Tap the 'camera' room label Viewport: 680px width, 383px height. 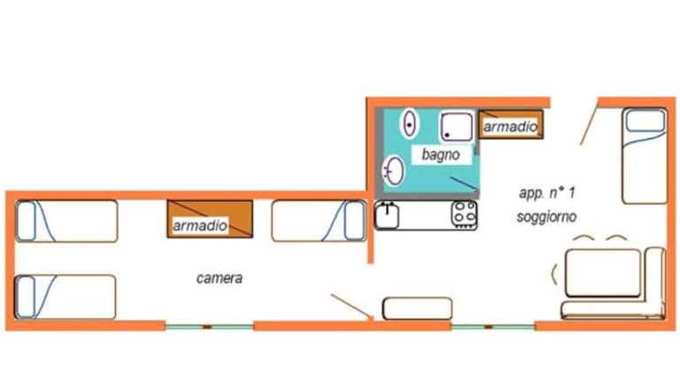click(x=219, y=278)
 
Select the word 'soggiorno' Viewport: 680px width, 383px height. click(x=546, y=215)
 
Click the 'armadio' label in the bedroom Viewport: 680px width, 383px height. click(x=199, y=226)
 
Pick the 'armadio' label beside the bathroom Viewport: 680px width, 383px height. click(x=510, y=128)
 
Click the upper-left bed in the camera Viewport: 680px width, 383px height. click(x=66, y=221)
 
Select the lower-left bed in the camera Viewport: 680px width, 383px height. click(x=66, y=296)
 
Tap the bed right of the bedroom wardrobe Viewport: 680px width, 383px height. click(x=318, y=221)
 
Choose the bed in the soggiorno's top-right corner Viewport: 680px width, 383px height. click(x=644, y=155)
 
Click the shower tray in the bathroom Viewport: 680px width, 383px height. click(x=458, y=126)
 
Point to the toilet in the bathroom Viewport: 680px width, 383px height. click(x=409, y=122)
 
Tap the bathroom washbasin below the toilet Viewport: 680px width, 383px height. click(x=394, y=169)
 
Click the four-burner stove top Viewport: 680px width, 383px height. click(x=464, y=214)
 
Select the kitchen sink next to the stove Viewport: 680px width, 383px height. click(x=388, y=215)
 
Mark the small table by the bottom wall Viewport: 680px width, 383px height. click(x=417, y=309)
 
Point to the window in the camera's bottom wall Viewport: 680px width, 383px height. click(x=209, y=326)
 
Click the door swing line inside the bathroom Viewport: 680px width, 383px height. click(x=463, y=184)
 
